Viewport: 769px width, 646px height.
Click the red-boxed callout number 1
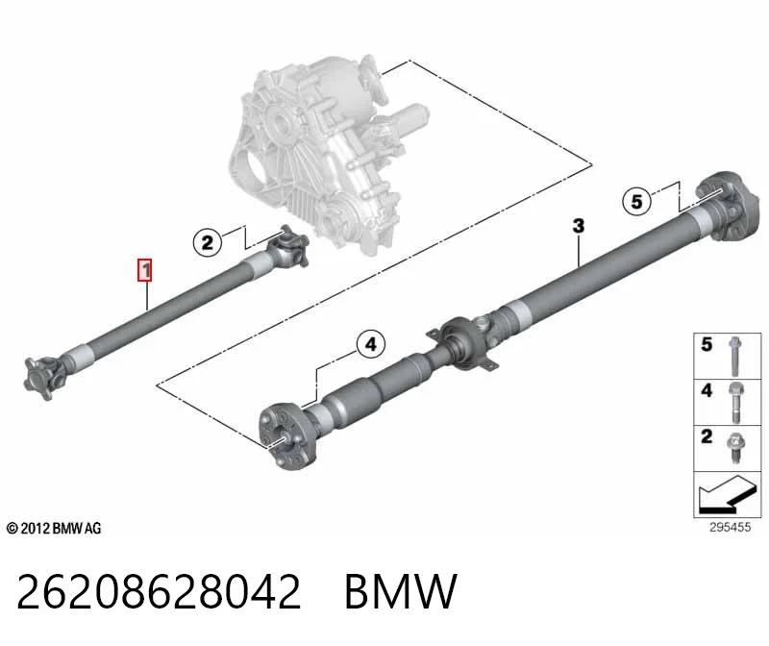coord(145,270)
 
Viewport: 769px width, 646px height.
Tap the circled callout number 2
coord(208,242)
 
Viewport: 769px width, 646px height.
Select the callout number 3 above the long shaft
coord(579,226)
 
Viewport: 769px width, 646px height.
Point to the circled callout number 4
coord(371,344)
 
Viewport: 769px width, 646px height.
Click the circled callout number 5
coord(636,201)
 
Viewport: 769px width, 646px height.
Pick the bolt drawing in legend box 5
coord(734,356)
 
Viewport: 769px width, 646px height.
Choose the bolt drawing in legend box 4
coord(735,403)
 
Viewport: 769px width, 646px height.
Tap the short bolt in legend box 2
coord(735,448)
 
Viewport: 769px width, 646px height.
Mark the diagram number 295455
coord(730,528)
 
